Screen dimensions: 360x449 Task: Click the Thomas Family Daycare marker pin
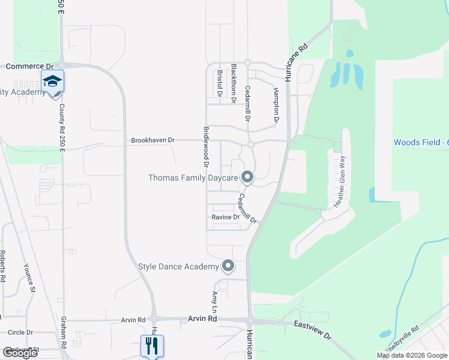pos(247,177)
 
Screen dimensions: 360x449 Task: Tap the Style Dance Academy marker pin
pos(228,265)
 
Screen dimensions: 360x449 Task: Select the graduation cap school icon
pos(52,80)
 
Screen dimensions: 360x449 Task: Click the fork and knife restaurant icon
pos(152,345)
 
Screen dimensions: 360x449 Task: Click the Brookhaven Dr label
pos(152,140)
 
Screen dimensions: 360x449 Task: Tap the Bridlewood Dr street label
pos(206,146)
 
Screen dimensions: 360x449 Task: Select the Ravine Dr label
pos(225,217)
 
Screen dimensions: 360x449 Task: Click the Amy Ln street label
pos(214,301)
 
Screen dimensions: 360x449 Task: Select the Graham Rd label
pos(62,333)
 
